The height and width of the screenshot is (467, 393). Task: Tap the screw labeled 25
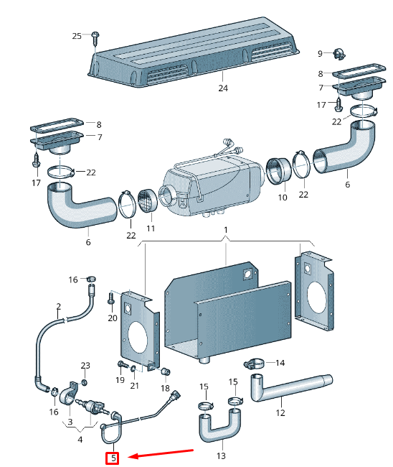tap(95, 37)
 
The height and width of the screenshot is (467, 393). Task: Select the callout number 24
tap(223, 88)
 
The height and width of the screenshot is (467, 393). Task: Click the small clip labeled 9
tap(339, 53)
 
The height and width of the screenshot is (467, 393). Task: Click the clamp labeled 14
tap(254, 364)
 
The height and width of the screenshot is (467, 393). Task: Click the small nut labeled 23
tap(85, 382)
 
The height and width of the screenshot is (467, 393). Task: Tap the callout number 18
tap(165, 388)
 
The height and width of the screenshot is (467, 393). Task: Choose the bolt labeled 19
tap(123, 364)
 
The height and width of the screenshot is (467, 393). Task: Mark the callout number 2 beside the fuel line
tap(58, 306)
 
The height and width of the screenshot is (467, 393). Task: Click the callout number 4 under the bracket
tap(80, 439)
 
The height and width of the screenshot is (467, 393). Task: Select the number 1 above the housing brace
tap(226, 230)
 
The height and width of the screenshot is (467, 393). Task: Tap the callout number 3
tap(70, 422)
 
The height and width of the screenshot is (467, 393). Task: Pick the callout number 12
tap(280, 413)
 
